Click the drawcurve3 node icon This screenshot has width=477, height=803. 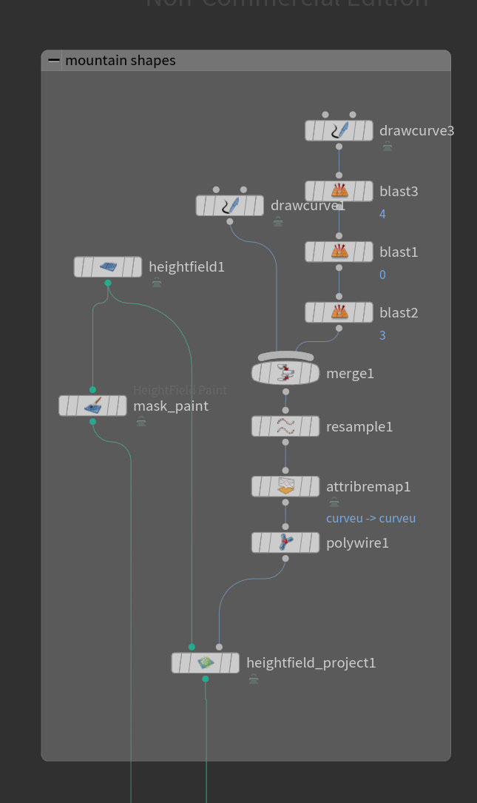[339, 131]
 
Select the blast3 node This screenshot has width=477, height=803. [339, 191]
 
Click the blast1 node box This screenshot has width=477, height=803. [339, 252]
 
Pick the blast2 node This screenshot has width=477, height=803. [339, 312]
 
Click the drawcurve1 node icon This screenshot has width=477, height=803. [230, 206]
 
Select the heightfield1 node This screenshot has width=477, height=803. [108, 266]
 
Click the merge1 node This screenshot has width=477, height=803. [285, 372]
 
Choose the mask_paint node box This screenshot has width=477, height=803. [92, 406]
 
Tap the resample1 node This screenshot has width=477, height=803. [285, 426]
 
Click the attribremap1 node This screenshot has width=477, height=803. [285, 486]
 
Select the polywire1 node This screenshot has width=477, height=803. [285, 542]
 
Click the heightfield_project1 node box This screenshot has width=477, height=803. [205, 662]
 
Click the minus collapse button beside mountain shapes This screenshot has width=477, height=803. [54, 61]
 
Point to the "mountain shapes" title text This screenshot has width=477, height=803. [121, 61]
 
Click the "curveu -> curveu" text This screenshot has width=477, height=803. [371, 518]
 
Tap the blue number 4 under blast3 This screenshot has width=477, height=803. [382, 214]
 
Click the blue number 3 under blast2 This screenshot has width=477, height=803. [382, 335]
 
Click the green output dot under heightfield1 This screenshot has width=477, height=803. [108, 283]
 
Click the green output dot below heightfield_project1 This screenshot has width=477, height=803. [206, 679]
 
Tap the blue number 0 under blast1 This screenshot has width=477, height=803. [382, 275]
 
